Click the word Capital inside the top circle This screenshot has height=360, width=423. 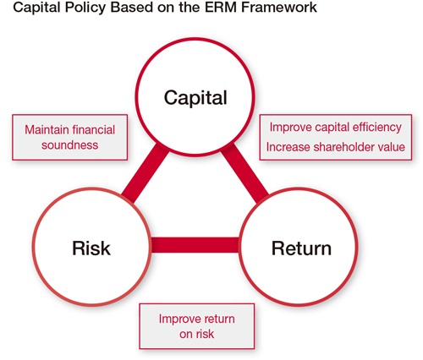[195, 98]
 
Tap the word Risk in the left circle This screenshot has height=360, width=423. [91, 248]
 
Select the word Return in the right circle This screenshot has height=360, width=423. [301, 248]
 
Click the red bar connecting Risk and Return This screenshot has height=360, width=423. [195, 245]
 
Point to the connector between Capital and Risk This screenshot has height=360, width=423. [146, 172]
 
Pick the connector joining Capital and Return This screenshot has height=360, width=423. [244, 173]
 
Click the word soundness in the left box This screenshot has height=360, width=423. [70, 145]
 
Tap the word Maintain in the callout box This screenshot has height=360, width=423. [47, 130]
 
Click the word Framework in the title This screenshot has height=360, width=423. [279, 7]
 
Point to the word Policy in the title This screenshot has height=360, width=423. [87, 8]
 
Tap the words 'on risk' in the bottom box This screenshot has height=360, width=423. [197, 334]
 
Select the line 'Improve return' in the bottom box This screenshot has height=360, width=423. [197, 319]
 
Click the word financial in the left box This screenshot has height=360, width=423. [94, 130]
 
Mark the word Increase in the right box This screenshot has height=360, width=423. [288, 147]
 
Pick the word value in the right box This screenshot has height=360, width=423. [393, 147]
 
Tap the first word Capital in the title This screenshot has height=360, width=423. [38, 8]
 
